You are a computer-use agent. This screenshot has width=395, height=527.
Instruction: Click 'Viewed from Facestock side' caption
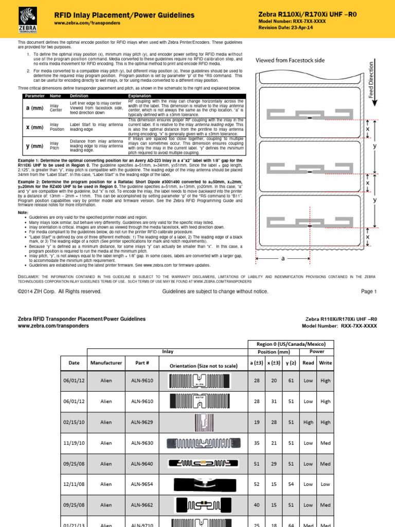click(290, 60)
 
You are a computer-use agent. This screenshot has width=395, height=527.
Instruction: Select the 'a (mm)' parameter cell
click(34, 108)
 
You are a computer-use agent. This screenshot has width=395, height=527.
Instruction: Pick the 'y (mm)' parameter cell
click(34, 145)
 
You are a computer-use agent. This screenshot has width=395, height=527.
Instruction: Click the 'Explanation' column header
click(140, 96)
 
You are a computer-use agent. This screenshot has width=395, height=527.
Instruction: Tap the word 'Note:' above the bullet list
click(23, 213)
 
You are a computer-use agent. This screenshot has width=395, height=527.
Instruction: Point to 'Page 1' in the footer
click(369, 291)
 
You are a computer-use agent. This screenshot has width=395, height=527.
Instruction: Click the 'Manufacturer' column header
click(106, 363)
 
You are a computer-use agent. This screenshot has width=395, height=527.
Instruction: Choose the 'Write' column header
click(326, 363)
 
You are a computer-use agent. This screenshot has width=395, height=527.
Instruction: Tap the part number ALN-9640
click(141, 463)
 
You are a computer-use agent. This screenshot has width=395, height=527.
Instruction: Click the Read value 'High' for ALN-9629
click(309, 422)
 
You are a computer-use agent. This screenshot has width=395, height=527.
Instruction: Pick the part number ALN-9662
click(141, 504)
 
